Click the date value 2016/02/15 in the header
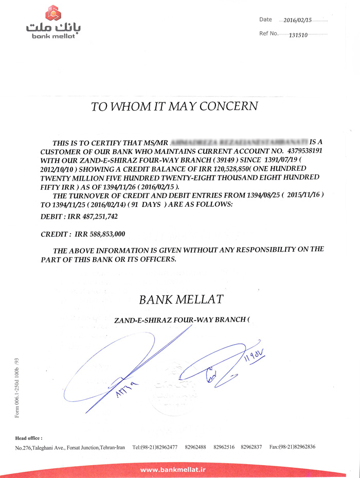point(298,20)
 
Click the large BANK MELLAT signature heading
point(181,299)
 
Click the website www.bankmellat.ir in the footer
point(173,469)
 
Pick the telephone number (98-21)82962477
point(155,447)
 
